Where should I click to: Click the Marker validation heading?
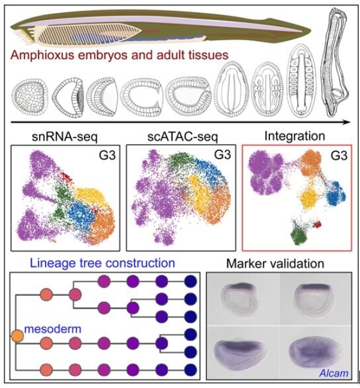[275, 263]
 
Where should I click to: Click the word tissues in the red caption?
[206, 55]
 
